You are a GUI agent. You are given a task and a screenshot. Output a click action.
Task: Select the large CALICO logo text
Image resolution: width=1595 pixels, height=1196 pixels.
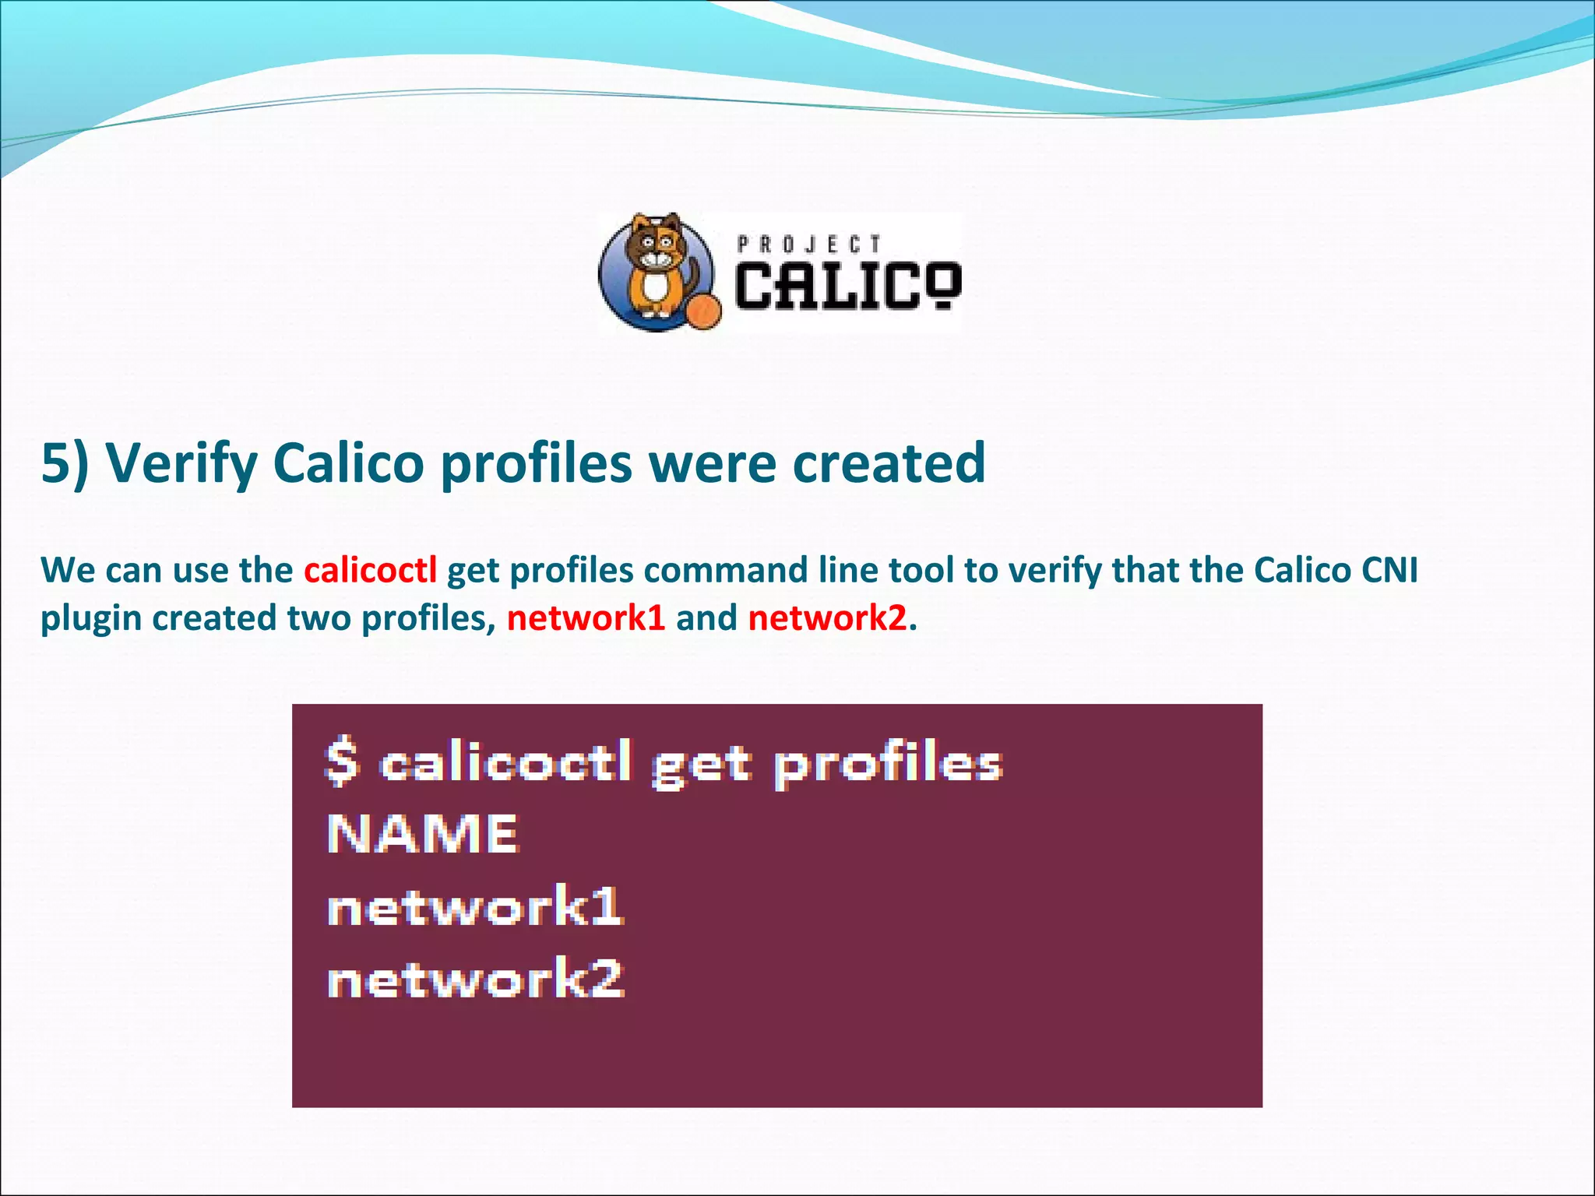click(847, 286)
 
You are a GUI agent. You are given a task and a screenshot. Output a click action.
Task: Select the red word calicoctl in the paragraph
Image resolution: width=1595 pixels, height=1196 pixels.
click(370, 570)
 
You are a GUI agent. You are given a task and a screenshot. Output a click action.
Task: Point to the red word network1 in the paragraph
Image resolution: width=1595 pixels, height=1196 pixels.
click(586, 618)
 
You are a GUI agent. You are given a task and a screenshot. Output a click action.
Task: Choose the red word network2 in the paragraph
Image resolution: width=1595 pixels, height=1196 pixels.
click(827, 618)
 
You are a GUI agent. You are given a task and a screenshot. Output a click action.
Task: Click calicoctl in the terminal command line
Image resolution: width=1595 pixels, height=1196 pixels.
click(506, 763)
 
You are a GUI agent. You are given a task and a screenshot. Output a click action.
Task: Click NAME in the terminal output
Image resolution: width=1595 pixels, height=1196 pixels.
click(422, 834)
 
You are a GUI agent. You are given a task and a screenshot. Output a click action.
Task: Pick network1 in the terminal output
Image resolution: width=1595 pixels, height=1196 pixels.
click(475, 906)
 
